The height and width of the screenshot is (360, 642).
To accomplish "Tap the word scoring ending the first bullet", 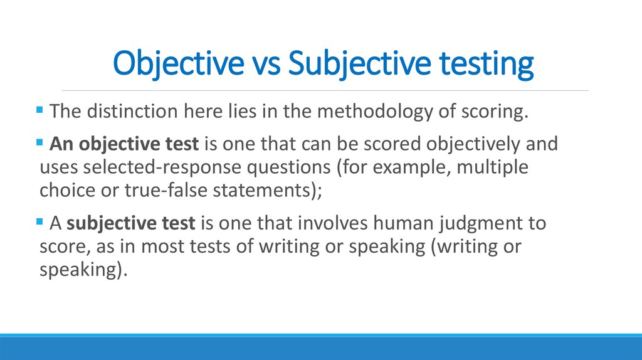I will [x=489, y=112].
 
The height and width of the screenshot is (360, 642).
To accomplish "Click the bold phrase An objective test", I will [x=124, y=144].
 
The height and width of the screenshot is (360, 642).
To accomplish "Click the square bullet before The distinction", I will [x=41, y=110].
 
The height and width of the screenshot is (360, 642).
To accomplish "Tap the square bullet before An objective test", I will [x=41, y=142].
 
